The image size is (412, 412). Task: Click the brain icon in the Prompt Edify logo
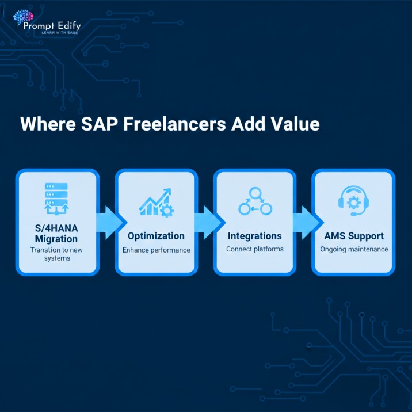22,17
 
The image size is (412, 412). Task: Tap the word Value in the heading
296,124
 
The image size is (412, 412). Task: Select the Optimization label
156,236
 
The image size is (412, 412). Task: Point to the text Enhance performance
156,250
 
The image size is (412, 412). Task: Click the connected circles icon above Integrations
254,201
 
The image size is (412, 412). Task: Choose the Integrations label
254,236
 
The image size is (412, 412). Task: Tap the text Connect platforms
254,249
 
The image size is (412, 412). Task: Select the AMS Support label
353,236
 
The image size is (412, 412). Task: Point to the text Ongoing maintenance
353,249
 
